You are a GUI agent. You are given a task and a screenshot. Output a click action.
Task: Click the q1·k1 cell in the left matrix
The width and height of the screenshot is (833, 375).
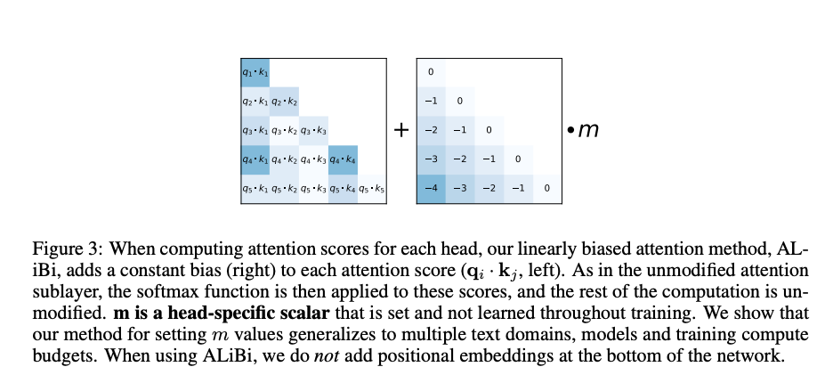pos(255,72)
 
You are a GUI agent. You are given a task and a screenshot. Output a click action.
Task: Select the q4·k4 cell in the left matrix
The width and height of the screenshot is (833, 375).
pos(343,159)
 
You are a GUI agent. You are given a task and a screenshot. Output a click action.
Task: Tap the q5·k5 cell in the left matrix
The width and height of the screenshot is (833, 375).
pos(371,189)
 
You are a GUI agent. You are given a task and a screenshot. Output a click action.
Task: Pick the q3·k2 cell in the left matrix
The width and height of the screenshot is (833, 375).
pos(284,131)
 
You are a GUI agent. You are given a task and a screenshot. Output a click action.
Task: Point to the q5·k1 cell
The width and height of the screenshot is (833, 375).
pos(255,189)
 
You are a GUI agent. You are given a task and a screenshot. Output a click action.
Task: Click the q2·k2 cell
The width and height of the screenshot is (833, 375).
pos(284,102)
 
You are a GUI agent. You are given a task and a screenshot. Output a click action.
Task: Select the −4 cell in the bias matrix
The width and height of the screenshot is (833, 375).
pos(431,189)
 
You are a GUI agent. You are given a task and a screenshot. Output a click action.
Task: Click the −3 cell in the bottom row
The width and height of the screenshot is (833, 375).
pos(460,189)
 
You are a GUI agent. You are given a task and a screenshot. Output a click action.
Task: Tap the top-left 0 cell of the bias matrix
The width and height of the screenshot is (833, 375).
pos(431,72)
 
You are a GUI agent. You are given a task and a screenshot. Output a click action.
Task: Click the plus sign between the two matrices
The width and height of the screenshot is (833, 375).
pos(401,130)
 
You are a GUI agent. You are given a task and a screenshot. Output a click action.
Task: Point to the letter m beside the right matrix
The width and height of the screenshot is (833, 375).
pos(588,131)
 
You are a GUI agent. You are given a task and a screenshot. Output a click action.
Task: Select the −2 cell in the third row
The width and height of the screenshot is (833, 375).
pos(431,131)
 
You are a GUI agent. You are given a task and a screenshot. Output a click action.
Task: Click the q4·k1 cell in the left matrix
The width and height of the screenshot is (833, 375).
pos(255,159)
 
